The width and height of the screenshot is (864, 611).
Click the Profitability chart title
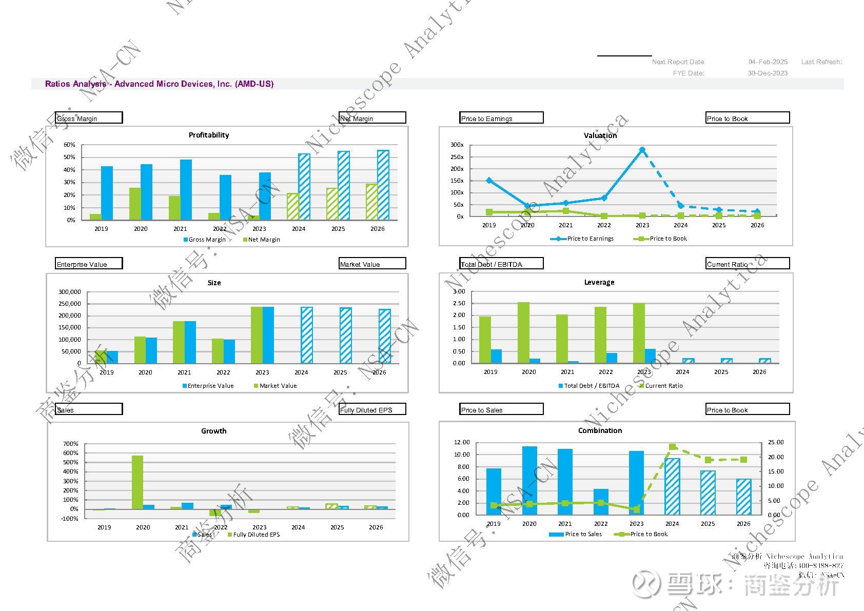pyautogui.click(x=209, y=135)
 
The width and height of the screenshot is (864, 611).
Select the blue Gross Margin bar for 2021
pyautogui.click(x=186, y=190)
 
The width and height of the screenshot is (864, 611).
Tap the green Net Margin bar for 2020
pyautogui.click(x=135, y=204)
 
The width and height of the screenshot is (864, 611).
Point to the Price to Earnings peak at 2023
pyautogui.click(x=642, y=150)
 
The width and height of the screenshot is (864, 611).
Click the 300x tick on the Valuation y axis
pyautogui.click(x=457, y=145)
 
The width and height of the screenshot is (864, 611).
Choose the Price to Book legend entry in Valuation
pyautogui.click(x=667, y=239)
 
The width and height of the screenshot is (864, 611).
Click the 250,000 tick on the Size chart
pyautogui.click(x=70, y=304)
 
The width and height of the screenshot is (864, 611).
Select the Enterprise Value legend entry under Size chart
pyautogui.click(x=210, y=386)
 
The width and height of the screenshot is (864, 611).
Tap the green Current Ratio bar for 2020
pyautogui.click(x=523, y=332)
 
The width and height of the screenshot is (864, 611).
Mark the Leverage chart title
pyautogui.click(x=599, y=282)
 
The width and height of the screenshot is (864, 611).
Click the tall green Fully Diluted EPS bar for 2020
pyautogui.click(x=138, y=482)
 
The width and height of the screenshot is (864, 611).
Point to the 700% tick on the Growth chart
pyautogui.click(x=71, y=444)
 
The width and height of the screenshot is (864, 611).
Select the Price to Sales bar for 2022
pyautogui.click(x=601, y=502)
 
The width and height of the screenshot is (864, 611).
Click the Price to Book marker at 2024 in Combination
pyautogui.click(x=673, y=447)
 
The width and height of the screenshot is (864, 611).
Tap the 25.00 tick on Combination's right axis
pyautogui.click(x=775, y=442)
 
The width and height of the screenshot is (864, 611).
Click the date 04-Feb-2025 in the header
pyautogui.click(x=768, y=62)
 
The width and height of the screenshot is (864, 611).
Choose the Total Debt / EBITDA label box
pyautogui.click(x=501, y=264)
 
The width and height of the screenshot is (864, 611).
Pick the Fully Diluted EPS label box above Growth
pyautogui.click(x=372, y=409)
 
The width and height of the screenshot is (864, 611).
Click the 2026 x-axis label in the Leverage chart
pyautogui.click(x=759, y=372)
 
